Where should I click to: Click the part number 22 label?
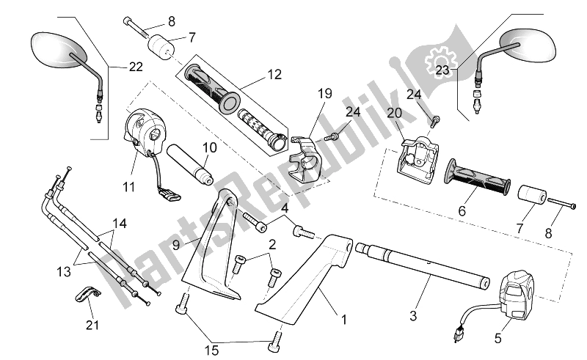[135, 67]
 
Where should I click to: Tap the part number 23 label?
[442, 70]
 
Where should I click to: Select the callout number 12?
[274, 74]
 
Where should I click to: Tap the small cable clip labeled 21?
[89, 293]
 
